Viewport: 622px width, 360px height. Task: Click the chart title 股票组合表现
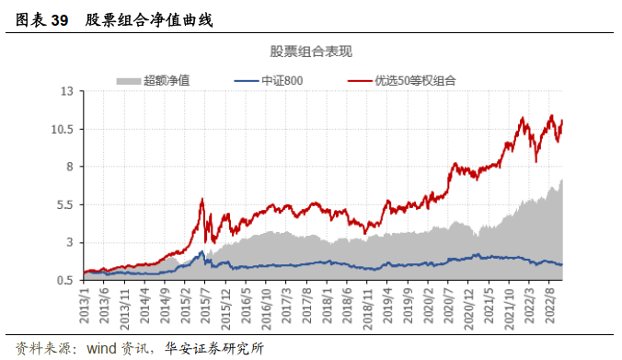(x=311, y=51)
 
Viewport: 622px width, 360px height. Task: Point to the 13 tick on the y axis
(x=65, y=92)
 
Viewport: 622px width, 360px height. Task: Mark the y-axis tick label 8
(x=68, y=168)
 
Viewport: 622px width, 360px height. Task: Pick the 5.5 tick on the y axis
(x=63, y=205)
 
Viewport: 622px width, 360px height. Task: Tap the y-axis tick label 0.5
(x=63, y=281)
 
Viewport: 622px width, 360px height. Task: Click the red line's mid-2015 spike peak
(x=202, y=199)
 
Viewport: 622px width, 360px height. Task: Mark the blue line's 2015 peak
(x=202, y=251)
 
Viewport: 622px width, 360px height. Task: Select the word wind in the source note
(x=102, y=348)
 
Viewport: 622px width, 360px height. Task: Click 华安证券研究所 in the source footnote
(x=218, y=348)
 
